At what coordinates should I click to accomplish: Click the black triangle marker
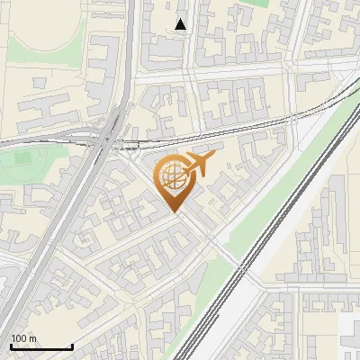click(181, 24)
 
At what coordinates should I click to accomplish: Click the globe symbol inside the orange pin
click(171, 177)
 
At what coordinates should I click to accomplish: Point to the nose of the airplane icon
click(213, 157)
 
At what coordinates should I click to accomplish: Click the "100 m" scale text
click(23, 338)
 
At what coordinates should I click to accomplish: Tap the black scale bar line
click(41, 346)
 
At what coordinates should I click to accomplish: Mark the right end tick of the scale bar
click(72, 346)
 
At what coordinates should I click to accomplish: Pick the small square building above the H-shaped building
click(40, 81)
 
